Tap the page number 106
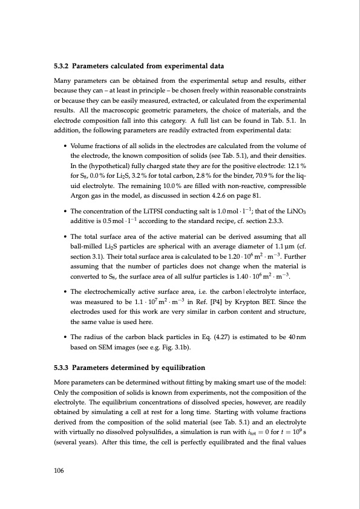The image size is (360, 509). click(59, 469)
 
